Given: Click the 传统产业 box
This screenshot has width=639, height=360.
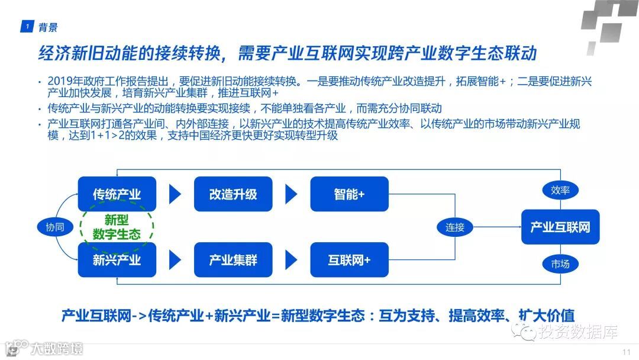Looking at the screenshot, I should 117,194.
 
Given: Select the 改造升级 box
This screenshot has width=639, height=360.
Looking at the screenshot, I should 233,194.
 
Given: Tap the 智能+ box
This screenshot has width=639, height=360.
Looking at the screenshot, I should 349,194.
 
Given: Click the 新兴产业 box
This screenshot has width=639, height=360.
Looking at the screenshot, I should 117,259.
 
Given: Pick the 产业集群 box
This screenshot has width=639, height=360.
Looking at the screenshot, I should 233,259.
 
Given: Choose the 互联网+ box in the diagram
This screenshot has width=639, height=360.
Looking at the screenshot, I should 349,259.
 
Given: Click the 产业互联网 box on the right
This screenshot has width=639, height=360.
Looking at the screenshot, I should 560,227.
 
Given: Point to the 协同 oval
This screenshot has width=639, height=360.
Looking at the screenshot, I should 55,227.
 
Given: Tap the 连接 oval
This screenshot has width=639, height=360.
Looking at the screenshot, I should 455,227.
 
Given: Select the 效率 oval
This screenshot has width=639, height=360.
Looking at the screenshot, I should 560,190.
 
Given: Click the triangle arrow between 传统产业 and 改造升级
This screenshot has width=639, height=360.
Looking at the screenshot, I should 175,194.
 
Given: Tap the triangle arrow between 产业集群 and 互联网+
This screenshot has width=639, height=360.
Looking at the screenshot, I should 291,259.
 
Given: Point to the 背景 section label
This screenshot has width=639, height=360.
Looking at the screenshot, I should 48,27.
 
